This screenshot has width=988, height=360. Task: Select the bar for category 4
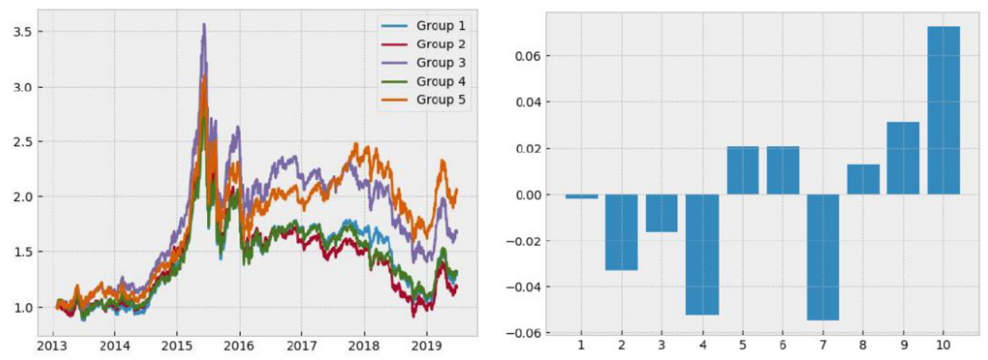pyautogui.click(x=701, y=254)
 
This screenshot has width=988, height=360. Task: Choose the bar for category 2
pyautogui.click(x=621, y=232)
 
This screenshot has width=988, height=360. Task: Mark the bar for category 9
pyautogui.click(x=902, y=158)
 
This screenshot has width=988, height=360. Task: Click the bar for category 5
pyautogui.click(x=742, y=170)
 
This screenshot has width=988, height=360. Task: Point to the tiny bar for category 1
pyautogui.click(x=581, y=196)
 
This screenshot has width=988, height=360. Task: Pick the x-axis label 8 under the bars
pyautogui.click(x=863, y=346)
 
